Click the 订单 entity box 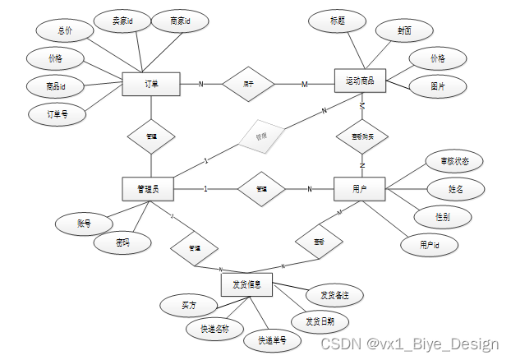point(150,84)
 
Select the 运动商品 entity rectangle point(360,81)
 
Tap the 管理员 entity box point(150,189)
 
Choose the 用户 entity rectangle point(359,189)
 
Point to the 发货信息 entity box point(246,284)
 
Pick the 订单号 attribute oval point(57,114)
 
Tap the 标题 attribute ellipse point(337,20)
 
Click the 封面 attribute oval point(404,31)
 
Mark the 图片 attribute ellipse point(438,85)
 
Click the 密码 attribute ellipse point(122,242)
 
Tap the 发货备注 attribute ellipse point(334,293)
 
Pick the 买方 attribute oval point(189,305)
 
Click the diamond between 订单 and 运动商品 point(246,83)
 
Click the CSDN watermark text point(408,344)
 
